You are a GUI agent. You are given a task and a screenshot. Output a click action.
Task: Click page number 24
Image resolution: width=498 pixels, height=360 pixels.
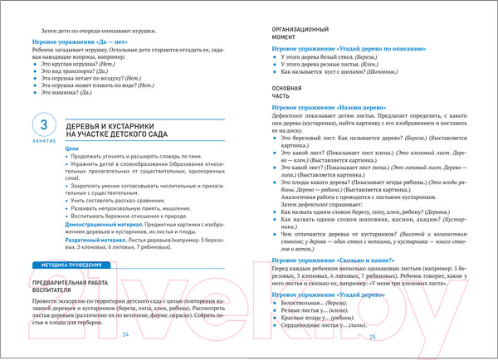pyautogui.click(x=127, y=335)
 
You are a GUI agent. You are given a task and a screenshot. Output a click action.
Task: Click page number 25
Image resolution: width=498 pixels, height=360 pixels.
pyautogui.click(x=373, y=336)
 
